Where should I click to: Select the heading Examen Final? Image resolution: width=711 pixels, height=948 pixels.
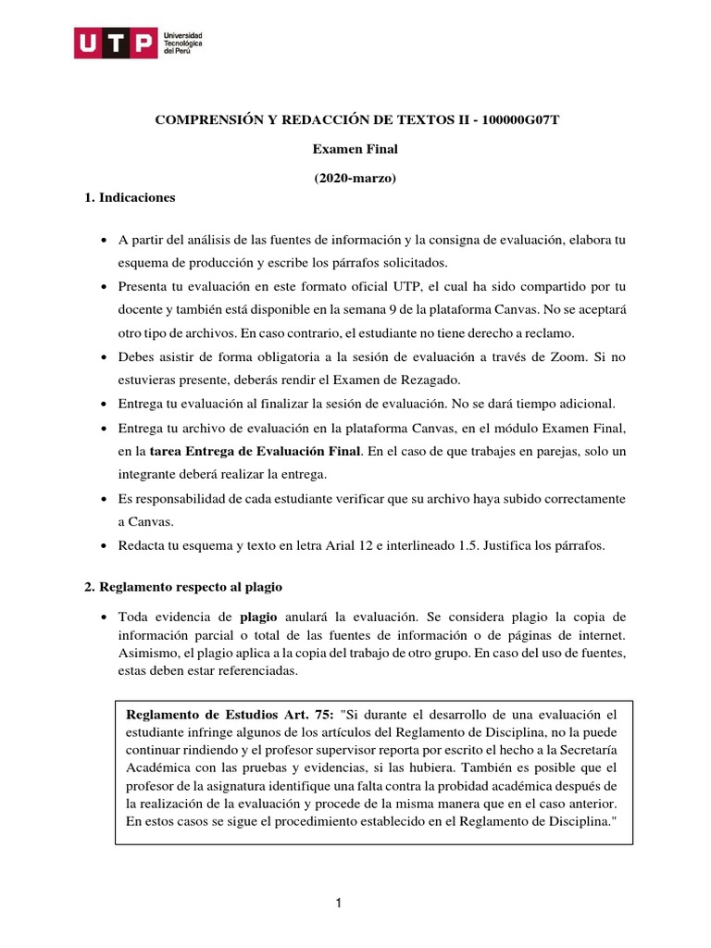[355, 149]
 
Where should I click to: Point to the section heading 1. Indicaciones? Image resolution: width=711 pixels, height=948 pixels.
[129, 197]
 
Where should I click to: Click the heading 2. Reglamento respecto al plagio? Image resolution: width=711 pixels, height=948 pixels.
[182, 588]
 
